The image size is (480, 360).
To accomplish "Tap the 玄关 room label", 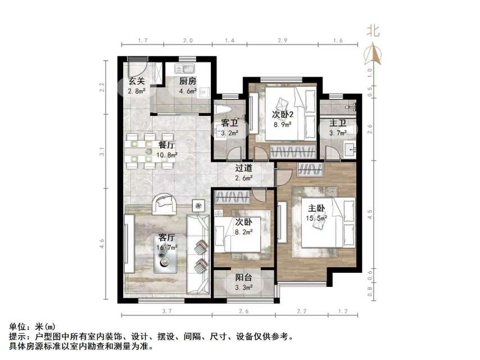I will coord(137,81).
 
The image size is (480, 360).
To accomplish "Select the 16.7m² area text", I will coord(167,246).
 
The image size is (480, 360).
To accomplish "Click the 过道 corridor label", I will coord(243,168).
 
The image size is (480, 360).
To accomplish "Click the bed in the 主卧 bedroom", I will coord(328,223).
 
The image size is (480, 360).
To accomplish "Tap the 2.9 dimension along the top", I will coord(283,41).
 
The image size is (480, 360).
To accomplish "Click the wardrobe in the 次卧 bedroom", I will coord(233,197).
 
